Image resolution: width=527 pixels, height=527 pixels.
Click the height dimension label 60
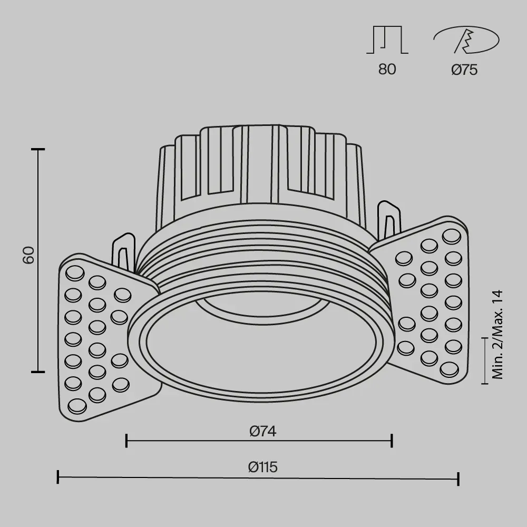pos(29,255)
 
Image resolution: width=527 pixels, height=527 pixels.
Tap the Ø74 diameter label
pos(263,431)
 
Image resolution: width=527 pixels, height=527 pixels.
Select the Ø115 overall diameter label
pos(263,467)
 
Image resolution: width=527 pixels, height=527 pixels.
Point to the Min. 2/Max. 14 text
pos(497,335)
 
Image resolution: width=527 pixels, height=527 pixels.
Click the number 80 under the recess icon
pos(387,69)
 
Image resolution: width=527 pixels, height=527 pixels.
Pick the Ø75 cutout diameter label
pos(464,70)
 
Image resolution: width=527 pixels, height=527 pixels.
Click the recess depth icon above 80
pos(387,40)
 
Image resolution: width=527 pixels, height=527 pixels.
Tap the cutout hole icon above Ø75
pos(466,40)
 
